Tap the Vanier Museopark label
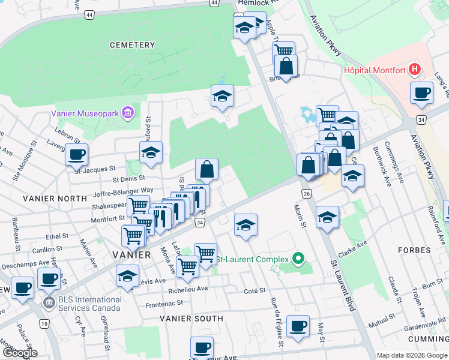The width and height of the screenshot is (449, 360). (x=85, y=112)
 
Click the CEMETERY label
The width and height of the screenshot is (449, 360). (x=132, y=45)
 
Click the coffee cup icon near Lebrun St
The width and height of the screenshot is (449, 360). (x=77, y=154)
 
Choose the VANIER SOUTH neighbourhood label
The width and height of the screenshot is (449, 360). (x=188, y=319)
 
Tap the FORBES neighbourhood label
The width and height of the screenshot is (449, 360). (x=414, y=250)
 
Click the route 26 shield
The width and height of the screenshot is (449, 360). (x=307, y=193)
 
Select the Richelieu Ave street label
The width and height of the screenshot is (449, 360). (x=188, y=287)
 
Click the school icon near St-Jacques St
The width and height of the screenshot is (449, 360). (x=151, y=152)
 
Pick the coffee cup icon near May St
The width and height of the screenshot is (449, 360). (x=298, y=326)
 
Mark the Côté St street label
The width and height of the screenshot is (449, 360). (x=255, y=290)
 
